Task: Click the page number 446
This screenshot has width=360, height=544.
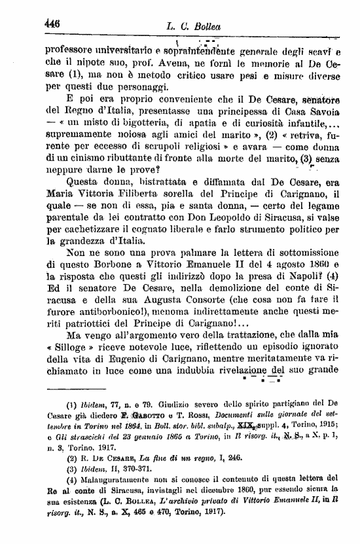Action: pyautogui.click(x=52, y=22)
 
